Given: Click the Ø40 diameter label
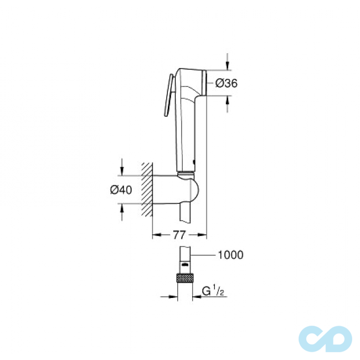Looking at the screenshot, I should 121,189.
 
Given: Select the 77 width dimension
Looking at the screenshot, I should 179,235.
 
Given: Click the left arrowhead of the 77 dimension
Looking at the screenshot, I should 156,235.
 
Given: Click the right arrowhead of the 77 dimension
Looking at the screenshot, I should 203,235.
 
